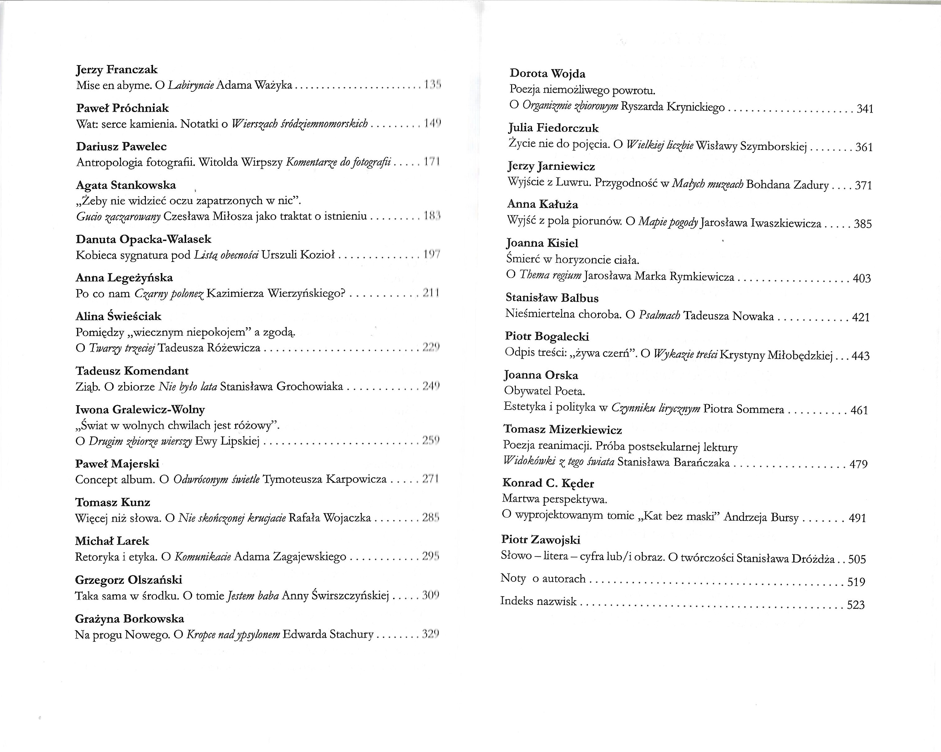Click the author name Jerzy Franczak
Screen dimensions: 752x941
(x=116, y=70)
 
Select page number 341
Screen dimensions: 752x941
(x=865, y=109)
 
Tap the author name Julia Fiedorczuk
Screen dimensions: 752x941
(x=553, y=128)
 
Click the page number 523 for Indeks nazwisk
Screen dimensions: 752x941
(x=855, y=605)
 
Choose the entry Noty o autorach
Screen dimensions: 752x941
(x=543, y=579)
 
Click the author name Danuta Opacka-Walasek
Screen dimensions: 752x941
(x=143, y=239)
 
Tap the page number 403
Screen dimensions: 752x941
(x=862, y=278)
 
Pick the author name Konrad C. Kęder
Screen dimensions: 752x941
(x=548, y=483)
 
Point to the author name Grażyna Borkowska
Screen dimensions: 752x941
(x=129, y=619)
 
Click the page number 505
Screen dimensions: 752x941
(x=857, y=559)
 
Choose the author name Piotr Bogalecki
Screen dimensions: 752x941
(x=547, y=337)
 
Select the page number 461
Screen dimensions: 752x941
(x=859, y=410)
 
